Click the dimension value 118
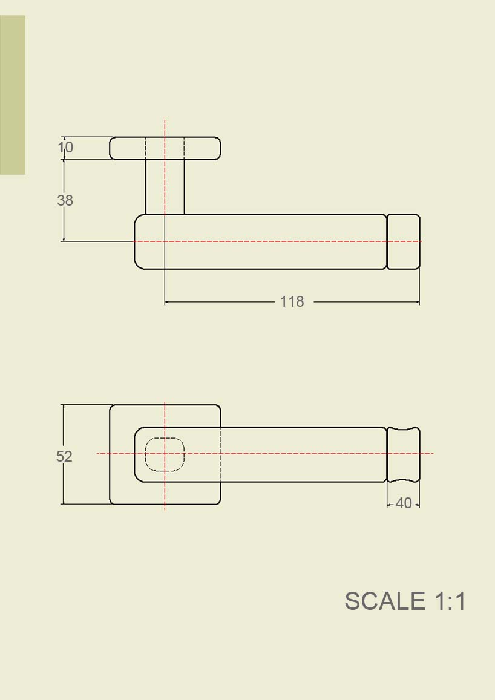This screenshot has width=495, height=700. click(x=292, y=301)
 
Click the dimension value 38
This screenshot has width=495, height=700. click(x=65, y=200)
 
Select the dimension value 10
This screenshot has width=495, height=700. click(x=65, y=147)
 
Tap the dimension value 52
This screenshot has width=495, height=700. click(x=64, y=456)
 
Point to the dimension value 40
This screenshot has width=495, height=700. click(x=404, y=503)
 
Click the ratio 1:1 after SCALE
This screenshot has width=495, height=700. click(x=450, y=601)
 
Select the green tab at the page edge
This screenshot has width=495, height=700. click(x=12, y=95)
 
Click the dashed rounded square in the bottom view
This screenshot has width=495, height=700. click(x=165, y=454)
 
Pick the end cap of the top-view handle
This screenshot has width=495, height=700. click(x=404, y=241)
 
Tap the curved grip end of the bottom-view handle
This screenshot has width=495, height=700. click(x=404, y=454)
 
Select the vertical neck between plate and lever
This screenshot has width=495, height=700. click(x=155, y=186)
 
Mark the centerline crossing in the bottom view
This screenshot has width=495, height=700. click(x=165, y=453)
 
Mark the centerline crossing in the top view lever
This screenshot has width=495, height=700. click(x=165, y=241)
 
